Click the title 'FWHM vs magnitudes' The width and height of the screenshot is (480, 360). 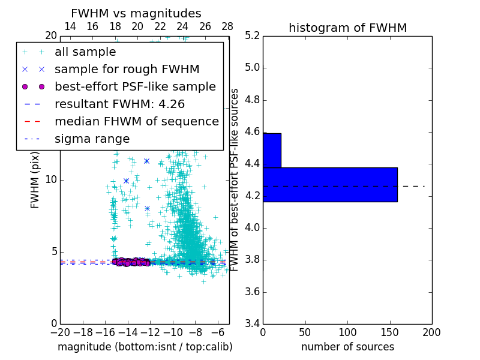[136, 14]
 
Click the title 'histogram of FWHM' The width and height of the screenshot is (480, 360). [347, 28]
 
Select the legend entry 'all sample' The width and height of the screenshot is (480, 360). [85, 52]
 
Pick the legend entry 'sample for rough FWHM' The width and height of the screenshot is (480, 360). [127, 70]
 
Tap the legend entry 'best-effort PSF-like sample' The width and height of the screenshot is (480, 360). [135, 86]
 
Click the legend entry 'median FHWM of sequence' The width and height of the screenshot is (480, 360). [137, 121]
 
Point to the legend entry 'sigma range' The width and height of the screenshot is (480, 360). [92, 139]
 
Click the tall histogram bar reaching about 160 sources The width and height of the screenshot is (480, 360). [330, 184]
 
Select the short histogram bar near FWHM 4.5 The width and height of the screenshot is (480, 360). [272, 150]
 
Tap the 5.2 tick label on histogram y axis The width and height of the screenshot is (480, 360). [252, 35]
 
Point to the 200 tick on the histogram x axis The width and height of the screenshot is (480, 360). [431, 332]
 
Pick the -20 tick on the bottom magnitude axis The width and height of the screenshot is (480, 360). [60, 332]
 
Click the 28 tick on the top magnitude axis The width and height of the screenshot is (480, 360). [227, 26]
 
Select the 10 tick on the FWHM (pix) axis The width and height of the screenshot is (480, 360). [50, 179]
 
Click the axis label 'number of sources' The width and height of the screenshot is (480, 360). [347, 347]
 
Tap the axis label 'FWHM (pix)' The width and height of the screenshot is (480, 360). [35, 179]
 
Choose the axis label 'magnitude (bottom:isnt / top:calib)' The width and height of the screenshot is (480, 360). [145, 347]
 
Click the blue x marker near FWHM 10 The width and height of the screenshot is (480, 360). [126, 181]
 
